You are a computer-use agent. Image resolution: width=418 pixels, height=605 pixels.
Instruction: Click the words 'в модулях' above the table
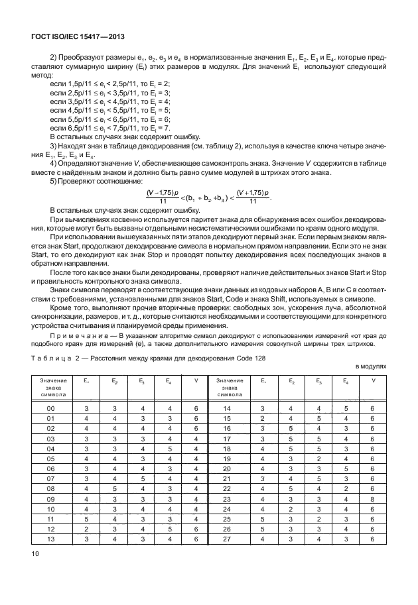point(369,365)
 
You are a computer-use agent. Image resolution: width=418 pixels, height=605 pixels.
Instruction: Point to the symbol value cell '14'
point(227,409)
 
